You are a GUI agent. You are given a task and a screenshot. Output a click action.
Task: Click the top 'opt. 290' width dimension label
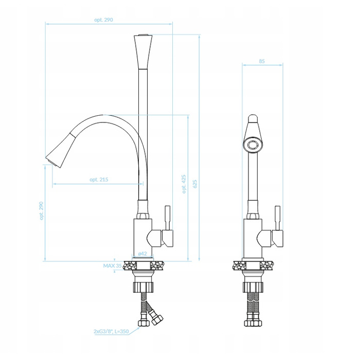[103, 20]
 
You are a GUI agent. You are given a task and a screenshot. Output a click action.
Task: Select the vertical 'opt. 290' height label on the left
[41, 211]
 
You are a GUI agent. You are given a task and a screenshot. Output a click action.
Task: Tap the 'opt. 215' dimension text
[99, 179]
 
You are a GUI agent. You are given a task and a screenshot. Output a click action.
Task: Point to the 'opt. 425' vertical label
[184, 184]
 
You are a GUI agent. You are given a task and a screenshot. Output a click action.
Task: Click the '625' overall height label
[195, 184]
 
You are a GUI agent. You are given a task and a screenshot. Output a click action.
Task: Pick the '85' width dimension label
[262, 61]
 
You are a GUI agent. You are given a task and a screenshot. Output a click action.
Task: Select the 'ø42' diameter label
[142, 254]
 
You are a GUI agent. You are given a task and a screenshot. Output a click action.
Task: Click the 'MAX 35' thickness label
[113, 266]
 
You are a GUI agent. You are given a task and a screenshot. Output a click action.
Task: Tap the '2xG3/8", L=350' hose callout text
[111, 332]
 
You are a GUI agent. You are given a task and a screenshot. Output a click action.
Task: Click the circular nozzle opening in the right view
[253, 145]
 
